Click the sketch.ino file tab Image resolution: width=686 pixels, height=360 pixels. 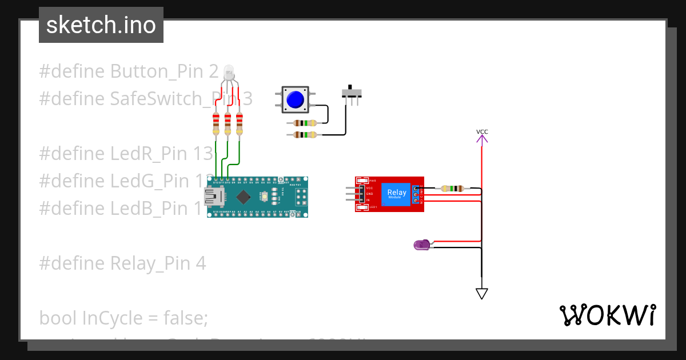(x=101, y=25)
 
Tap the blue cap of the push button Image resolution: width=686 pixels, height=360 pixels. (x=295, y=99)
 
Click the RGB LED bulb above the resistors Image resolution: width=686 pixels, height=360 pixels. (x=229, y=72)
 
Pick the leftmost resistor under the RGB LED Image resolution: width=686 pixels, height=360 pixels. (x=216, y=124)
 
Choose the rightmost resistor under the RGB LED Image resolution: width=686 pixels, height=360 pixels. (x=239, y=124)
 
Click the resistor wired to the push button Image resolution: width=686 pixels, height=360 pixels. (x=305, y=123)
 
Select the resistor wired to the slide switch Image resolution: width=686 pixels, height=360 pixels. (x=305, y=135)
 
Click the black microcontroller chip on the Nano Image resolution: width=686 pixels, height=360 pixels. (x=244, y=197)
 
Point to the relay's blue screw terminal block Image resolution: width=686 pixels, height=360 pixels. (x=416, y=194)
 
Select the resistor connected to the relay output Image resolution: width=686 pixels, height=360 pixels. (x=453, y=188)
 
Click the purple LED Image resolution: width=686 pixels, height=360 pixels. (x=422, y=245)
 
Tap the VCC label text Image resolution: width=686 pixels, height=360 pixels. (x=482, y=132)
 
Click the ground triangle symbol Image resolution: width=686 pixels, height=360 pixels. (x=482, y=293)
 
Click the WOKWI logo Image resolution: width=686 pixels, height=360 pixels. (x=607, y=315)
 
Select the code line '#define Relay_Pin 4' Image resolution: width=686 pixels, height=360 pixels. (x=122, y=263)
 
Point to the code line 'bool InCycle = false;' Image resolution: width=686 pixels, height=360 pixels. (x=123, y=317)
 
